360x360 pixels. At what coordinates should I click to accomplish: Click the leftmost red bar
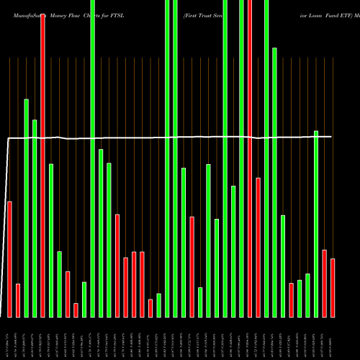(9, 259)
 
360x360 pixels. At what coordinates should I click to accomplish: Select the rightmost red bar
(333, 288)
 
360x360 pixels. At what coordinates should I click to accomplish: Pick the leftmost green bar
(26, 208)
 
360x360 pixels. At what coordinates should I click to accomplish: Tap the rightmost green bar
(316, 223)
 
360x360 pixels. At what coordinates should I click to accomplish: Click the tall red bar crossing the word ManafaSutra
(42, 166)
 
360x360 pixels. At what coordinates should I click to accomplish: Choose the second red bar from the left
(17, 300)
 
